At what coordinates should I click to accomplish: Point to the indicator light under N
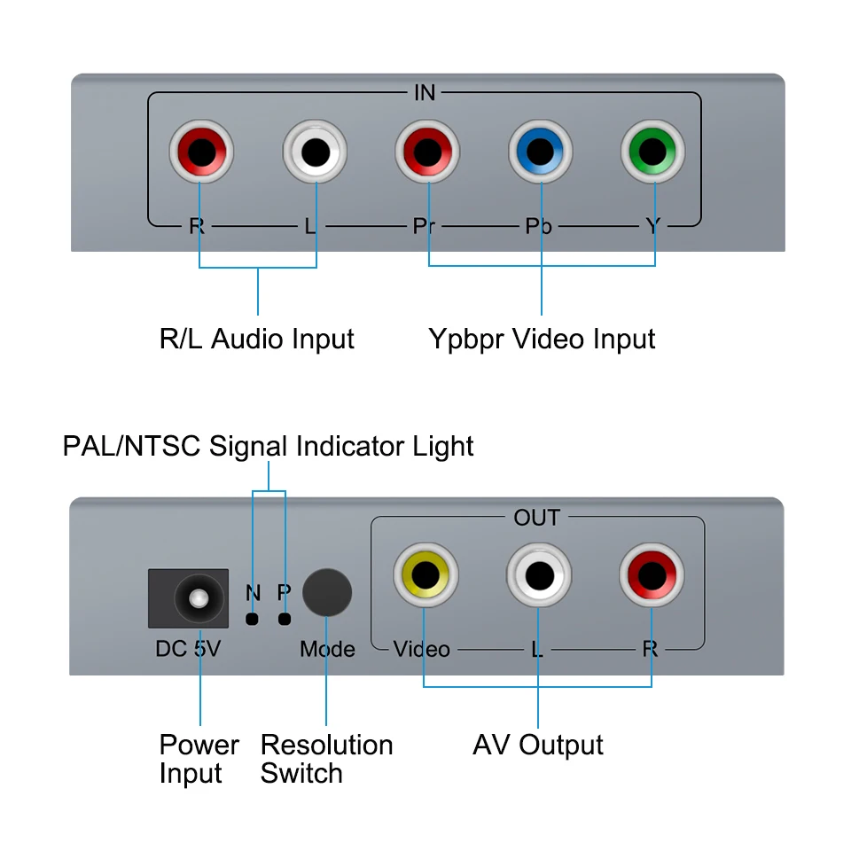click(x=253, y=619)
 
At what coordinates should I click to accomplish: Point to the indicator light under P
click(x=285, y=619)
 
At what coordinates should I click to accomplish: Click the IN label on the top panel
click(x=425, y=93)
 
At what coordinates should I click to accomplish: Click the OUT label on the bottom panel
click(x=537, y=518)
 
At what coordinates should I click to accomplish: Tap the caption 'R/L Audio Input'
click(x=257, y=339)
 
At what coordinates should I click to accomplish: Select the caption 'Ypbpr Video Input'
click(x=542, y=339)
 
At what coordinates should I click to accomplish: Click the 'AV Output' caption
click(x=538, y=745)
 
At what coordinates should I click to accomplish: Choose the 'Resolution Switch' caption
click(x=326, y=759)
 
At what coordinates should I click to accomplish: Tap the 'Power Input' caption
click(x=199, y=759)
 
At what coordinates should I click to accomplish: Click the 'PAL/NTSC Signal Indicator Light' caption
click(x=269, y=445)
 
